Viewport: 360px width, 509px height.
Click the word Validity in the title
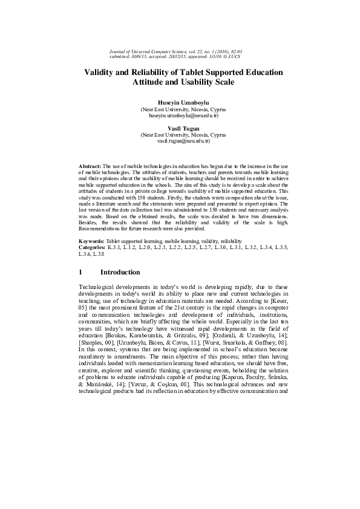pos(100,73)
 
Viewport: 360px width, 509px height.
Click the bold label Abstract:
pos(90,165)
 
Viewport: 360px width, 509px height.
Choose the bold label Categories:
pos(93,248)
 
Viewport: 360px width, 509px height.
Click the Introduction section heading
pos(120,273)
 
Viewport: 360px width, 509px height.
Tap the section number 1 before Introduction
pos(82,273)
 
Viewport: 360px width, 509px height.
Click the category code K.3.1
pos(114,248)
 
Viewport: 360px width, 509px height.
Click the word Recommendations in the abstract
pos(99,229)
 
